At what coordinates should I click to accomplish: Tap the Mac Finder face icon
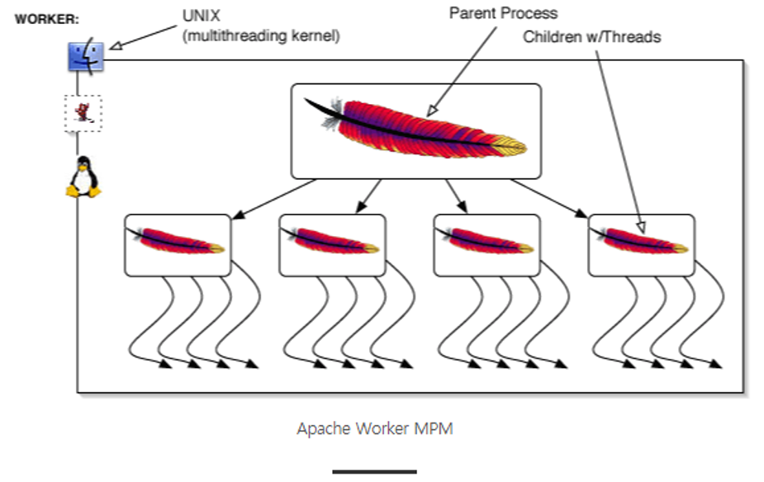[x=86, y=56]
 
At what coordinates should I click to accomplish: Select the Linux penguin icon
[x=83, y=177]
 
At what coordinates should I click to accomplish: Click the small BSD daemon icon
[x=83, y=113]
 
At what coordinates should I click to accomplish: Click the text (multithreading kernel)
[x=260, y=36]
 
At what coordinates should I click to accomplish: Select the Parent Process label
[x=503, y=13]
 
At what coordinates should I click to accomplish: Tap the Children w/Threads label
[x=591, y=37]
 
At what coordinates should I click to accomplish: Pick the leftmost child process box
[x=178, y=244]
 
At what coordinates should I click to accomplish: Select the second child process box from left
[x=332, y=244]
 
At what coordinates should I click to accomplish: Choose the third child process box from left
[x=486, y=244]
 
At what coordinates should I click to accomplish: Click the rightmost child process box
[x=641, y=244]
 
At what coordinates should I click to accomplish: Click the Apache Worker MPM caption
[x=375, y=429]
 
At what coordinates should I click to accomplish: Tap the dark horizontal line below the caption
[x=375, y=472]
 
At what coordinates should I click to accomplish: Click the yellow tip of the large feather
[x=514, y=149]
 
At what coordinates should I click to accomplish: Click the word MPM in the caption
[x=435, y=429]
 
